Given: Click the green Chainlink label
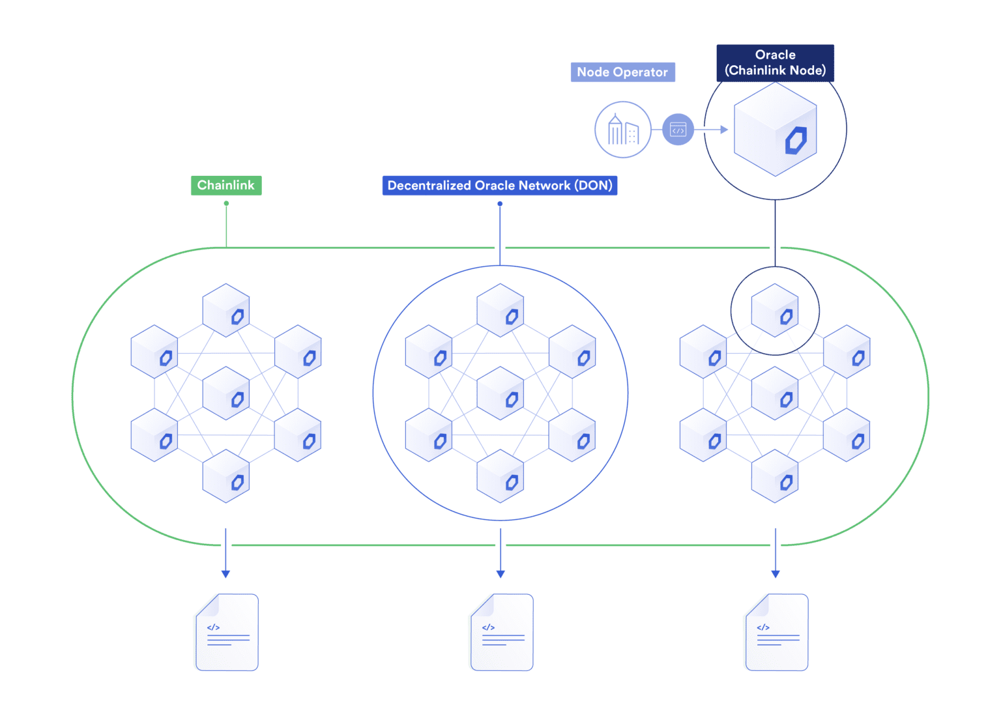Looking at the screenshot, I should (x=225, y=186).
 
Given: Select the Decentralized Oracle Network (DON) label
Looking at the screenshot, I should (x=499, y=186).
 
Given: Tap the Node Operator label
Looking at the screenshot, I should (x=622, y=72).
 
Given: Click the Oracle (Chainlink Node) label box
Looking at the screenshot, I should (x=775, y=63).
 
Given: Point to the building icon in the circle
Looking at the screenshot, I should (x=623, y=130).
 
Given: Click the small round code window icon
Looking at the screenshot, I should (x=678, y=130).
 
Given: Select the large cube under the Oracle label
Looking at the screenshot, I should (x=775, y=130).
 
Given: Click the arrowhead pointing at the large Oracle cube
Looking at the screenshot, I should (x=724, y=130).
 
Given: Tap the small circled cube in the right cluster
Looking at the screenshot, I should (x=775, y=311).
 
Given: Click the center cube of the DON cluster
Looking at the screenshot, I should (x=500, y=393).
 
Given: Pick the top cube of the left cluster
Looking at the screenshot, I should (x=226, y=311).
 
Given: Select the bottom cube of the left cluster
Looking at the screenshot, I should (x=226, y=476).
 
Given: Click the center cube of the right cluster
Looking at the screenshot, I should (x=775, y=393).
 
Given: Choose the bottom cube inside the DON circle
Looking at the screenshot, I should (x=500, y=476).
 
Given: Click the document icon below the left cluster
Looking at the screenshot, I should (x=227, y=632).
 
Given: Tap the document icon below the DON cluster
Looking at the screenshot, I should (x=502, y=632).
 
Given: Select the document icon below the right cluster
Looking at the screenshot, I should (x=777, y=632).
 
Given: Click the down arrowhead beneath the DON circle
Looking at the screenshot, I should (x=500, y=574).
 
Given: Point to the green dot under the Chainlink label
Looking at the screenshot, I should (x=226, y=203).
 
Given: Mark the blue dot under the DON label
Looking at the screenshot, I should (x=500, y=204).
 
